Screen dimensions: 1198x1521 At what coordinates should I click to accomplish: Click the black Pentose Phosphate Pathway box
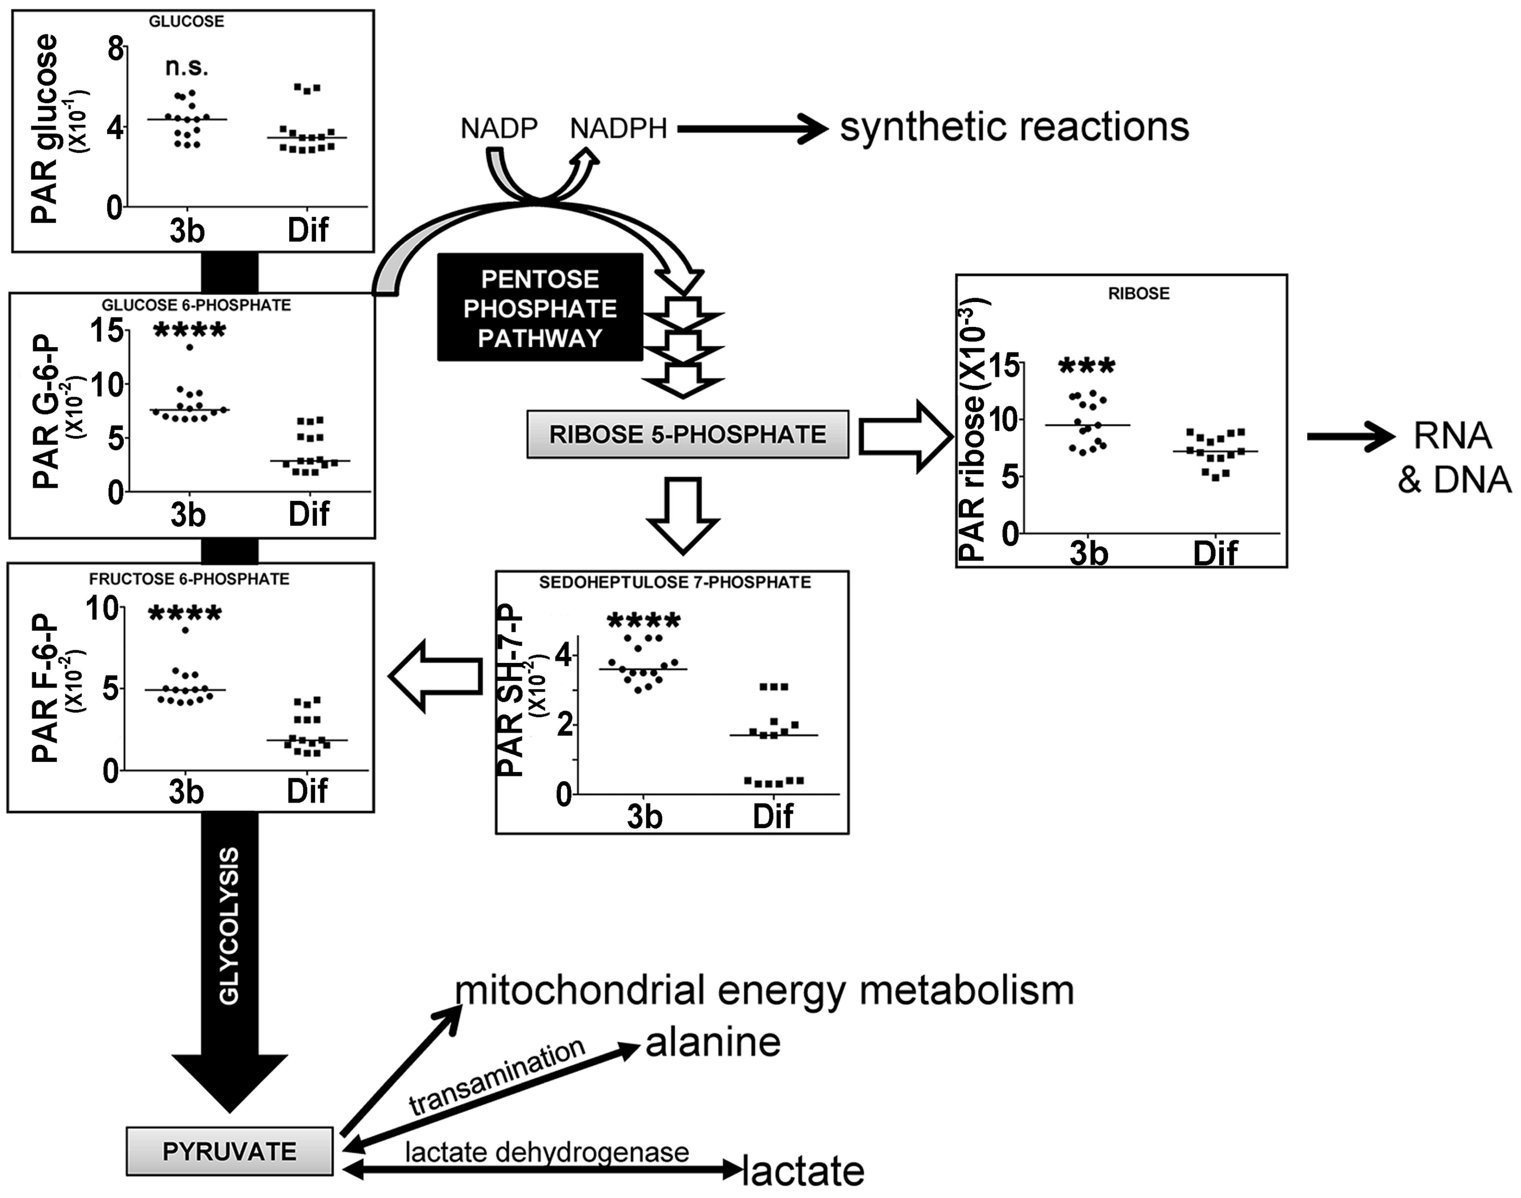(x=540, y=308)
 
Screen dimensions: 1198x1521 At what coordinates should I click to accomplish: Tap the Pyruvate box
(x=229, y=1151)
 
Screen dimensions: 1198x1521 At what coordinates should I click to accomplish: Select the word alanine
(x=712, y=1042)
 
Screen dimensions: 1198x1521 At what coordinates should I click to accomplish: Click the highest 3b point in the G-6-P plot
(x=190, y=347)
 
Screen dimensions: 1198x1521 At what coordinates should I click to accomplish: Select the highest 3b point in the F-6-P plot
(x=185, y=630)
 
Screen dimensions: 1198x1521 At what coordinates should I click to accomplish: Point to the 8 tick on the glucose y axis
(x=115, y=49)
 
